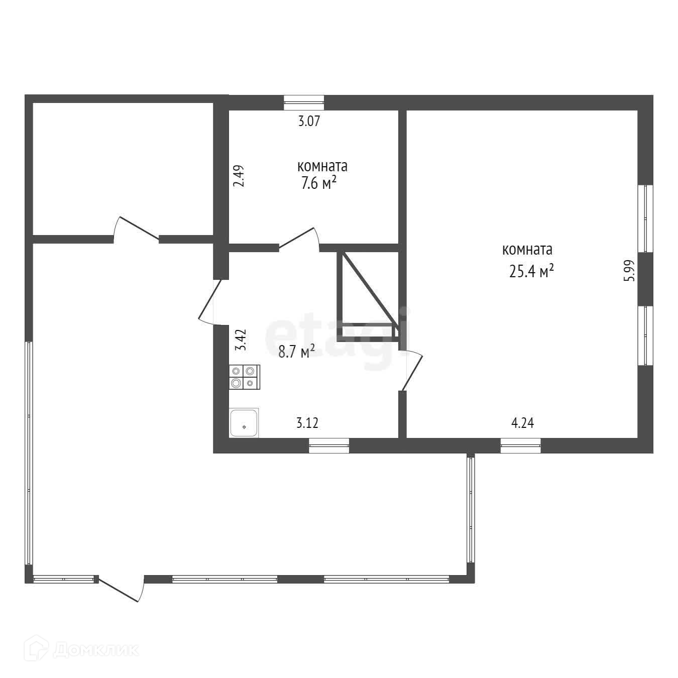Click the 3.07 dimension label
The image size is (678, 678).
coord(309,121)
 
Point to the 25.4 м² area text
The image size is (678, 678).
coord(531,271)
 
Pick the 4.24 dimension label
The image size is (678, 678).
coord(522,422)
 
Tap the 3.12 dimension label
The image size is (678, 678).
coord(307,422)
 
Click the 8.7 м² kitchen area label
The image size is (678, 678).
coord(296,352)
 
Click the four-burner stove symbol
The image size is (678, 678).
coord(245,377)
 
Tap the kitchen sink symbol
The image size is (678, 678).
coord(244,422)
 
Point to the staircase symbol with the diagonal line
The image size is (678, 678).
coord(368,297)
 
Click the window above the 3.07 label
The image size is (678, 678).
coord(304,102)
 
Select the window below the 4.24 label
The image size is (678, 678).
coord(521,445)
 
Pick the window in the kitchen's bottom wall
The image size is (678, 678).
coord(329,445)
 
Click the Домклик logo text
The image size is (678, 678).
coord(96,650)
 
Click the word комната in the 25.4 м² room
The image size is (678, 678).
coord(527,250)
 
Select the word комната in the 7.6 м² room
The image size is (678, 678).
coord(322,166)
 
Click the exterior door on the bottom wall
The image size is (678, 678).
coord(121,588)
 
